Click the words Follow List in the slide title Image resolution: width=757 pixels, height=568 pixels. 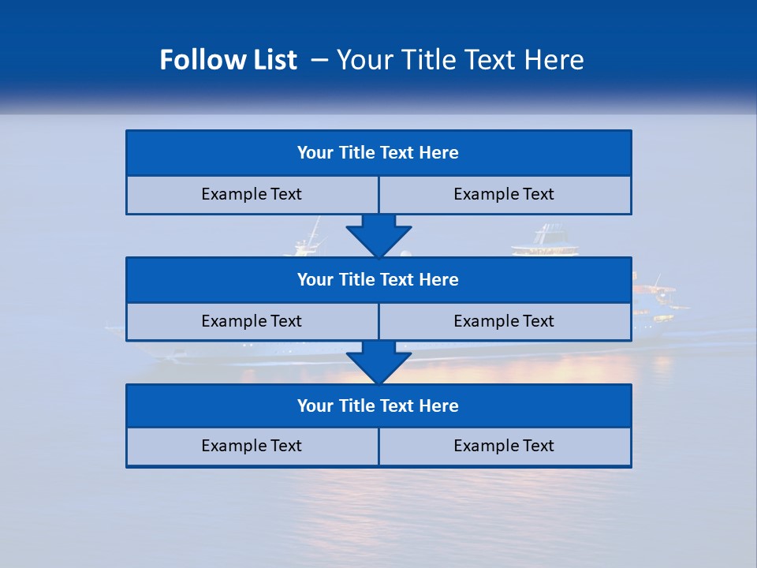[228, 60]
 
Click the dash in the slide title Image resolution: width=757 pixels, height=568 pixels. [320, 60]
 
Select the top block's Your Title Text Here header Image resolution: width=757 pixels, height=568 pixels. [378, 153]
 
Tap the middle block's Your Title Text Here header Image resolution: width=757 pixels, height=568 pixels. [378, 279]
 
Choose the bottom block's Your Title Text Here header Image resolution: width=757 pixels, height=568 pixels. [378, 405]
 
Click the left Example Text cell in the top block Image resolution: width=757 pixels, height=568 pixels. [252, 194]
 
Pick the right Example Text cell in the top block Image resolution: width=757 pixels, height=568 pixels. [504, 194]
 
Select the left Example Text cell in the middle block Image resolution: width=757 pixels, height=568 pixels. [252, 321]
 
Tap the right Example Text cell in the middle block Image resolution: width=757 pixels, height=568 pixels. [504, 321]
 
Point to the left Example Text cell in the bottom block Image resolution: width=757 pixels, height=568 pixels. [252, 446]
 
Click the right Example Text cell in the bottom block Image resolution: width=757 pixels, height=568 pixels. [504, 446]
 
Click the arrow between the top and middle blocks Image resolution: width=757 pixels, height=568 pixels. [378, 234]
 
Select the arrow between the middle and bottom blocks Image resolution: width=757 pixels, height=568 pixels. [378, 361]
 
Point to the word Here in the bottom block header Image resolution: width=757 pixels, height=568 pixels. [439, 405]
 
